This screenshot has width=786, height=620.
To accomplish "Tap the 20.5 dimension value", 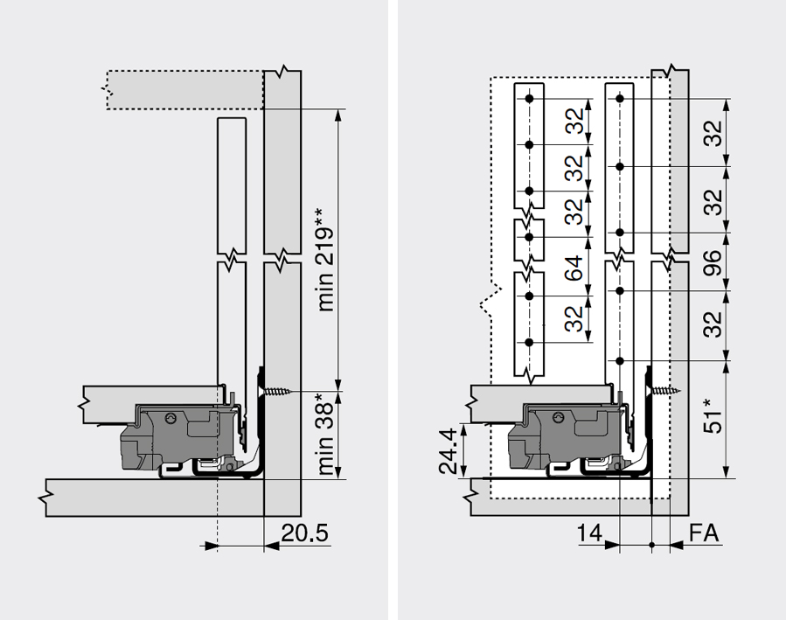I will point(304,533).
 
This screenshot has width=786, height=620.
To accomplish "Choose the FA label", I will point(705,533).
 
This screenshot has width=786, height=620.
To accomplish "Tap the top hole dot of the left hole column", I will point(527,98).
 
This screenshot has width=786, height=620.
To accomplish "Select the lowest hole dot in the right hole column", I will point(619,359).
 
